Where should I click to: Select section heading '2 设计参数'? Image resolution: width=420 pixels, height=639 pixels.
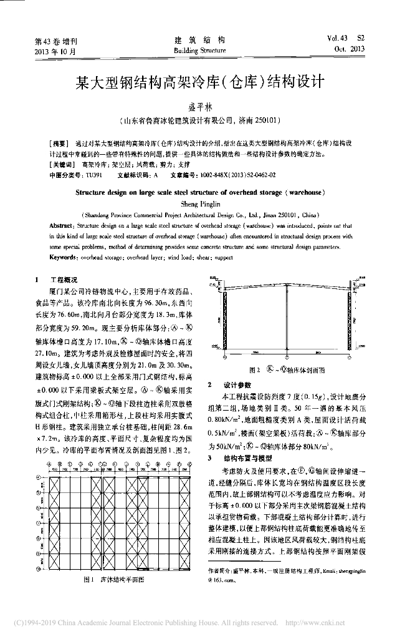pos(228,384)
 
